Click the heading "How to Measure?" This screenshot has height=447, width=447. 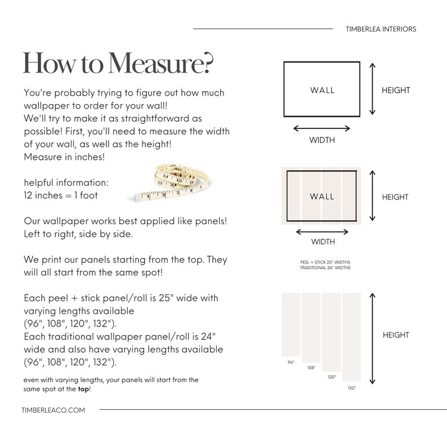pyautogui.click(x=118, y=63)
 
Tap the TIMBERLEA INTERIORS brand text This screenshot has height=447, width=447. pyautogui.click(x=381, y=29)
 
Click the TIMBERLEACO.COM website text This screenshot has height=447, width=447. pyautogui.click(x=54, y=410)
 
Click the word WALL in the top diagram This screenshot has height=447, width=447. pyautogui.click(x=322, y=90)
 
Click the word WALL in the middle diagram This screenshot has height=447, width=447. pyautogui.click(x=322, y=196)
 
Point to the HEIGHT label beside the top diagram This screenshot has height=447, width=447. pyautogui.click(x=396, y=90)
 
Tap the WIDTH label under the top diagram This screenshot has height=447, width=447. pyautogui.click(x=322, y=140)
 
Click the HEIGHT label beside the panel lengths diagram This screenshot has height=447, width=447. pyautogui.click(x=396, y=335)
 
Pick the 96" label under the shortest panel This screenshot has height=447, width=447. pyautogui.click(x=291, y=363)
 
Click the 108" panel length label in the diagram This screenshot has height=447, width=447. pyautogui.click(x=311, y=368)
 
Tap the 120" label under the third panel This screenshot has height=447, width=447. pyautogui.click(x=332, y=377)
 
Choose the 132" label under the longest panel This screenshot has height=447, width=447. pyautogui.click(x=352, y=388)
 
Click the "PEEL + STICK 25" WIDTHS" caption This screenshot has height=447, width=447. pyautogui.click(x=325, y=262)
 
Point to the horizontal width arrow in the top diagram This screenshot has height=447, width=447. pyautogui.click(x=321, y=128)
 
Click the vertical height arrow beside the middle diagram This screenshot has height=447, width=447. pyautogui.click(x=372, y=196)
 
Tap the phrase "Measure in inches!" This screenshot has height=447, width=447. pyautogui.click(x=64, y=157)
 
